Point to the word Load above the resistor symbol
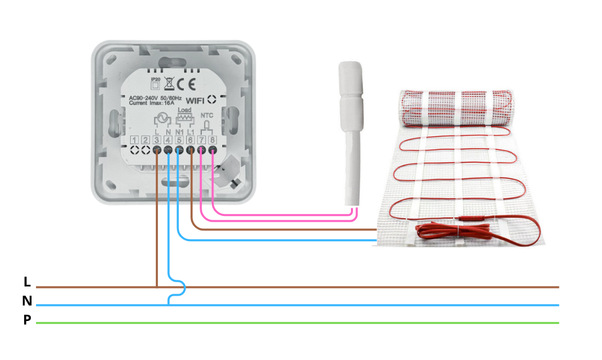click(184, 110)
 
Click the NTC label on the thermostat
click(206, 116)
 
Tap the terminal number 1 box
click(134, 140)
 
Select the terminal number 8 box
click(212, 140)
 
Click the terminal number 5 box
click(179, 140)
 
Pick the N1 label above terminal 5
click(179, 132)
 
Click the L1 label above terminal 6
click(190, 132)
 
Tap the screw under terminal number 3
click(156, 150)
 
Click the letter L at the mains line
click(27, 282)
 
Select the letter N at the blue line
click(27, 301)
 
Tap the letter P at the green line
click(27, 320)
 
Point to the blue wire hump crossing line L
click(180, 287)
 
